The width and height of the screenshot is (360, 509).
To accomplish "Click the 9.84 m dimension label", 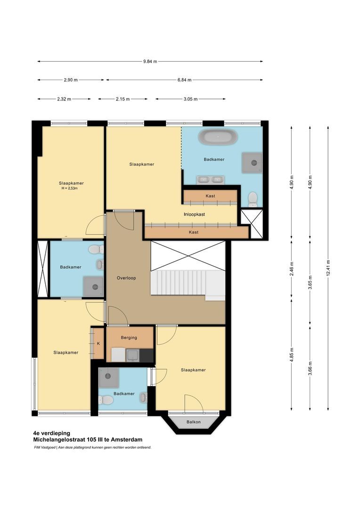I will click(x=150, y=61).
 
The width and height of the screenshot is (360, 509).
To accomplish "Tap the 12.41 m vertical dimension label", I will click(x=328, y=268).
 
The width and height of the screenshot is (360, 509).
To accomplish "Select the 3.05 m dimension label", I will click(x=190, y=99).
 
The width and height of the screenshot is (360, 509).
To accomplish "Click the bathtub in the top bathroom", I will click(x=217, y=138).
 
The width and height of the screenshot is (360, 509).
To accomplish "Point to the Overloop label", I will click(x=126, y=278).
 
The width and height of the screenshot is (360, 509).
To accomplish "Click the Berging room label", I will click(x=129, y=337).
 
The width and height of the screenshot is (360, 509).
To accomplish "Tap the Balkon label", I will click(x=193, y=422).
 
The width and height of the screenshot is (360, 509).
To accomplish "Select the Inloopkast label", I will click(x=194, y=214).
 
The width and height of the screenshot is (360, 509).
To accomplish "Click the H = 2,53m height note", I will click(x=69, y=188).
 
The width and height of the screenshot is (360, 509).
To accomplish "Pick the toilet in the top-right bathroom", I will click(x=253, y=198).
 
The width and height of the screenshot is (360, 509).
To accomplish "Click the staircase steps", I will click(x=181, y=281).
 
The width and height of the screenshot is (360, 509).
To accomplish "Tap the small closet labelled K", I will click(x=98, y=343).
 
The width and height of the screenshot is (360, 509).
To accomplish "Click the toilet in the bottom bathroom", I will click(x=106, y=400).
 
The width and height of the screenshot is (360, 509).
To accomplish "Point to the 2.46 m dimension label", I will click(x=292, y=268).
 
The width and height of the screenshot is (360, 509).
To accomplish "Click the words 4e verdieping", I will click(x=51, y=432).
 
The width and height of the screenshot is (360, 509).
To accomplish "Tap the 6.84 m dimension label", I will click(x=184, y=80).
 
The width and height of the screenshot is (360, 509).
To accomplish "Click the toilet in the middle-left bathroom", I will click(x=96, y=249).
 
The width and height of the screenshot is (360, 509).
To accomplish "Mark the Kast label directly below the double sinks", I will click(x=210, y=196).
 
